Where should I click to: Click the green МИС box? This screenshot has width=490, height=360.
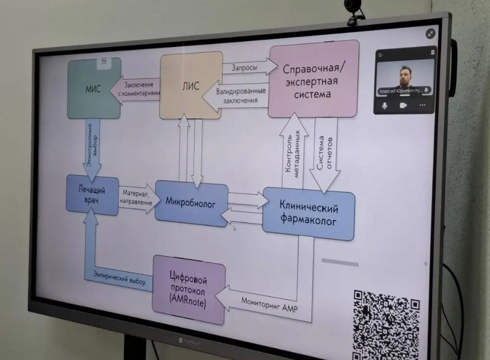pyautogui.click(x=94, y=89)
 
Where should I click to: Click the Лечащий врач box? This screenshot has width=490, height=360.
pyautogui.click(x=92, y=195)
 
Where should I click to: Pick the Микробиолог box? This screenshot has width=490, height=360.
pyautogui.click(x=191, y=202)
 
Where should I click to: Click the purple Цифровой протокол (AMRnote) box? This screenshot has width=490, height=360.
pyautogui.click(x=189, y=289)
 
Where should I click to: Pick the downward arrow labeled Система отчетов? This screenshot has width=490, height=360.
pyautogui.click(x=323, y=157)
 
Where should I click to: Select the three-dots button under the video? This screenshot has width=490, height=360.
pyautogui.click(x=422, y=105)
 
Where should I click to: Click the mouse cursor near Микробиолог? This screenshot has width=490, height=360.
pyautogui.click(x=234, y=228)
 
